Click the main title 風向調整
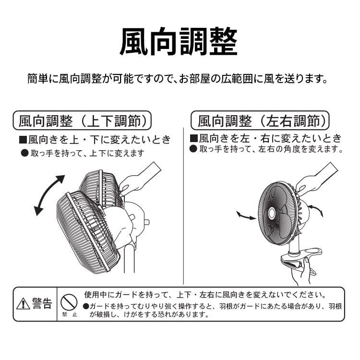tap(179, 42)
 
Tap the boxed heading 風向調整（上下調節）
tap(82, 120)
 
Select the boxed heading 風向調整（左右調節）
tap(260, 120)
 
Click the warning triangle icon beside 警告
tap(23, 303)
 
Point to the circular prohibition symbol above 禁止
tap(69, 302)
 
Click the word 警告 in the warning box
tap(42, 303)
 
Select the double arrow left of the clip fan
tap(246, 216)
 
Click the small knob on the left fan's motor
tap(146, 222)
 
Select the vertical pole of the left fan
tap(129, 259)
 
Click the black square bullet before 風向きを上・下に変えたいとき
tap(23, 140)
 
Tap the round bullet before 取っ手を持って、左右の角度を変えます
tap(193, 149)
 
